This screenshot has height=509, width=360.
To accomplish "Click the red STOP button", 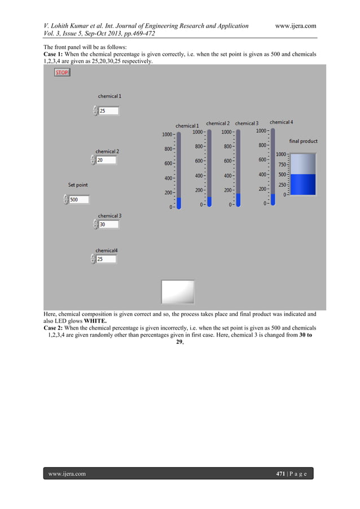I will coord(62,73).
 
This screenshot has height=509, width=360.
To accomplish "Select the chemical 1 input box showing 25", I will coord(108,111).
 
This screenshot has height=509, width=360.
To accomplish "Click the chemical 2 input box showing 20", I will coord(106,160).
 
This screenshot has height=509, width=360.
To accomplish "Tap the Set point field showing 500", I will coord(78,200).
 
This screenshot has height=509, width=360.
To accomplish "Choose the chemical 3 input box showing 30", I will coord(108,225).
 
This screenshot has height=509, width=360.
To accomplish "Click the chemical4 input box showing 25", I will coord(106,260).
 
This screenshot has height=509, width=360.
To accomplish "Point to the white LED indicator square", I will coord(178,292).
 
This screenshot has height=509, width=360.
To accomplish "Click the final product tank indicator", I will coord(302,174).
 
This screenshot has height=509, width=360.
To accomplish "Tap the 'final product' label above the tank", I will coord(303,141).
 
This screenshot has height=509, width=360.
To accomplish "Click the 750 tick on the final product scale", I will coord(282,165).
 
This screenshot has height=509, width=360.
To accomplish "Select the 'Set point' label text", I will coord(78,185).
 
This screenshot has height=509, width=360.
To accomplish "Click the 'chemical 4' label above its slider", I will coord(281,122).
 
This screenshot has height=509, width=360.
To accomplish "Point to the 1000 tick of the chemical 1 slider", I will coord(168,134).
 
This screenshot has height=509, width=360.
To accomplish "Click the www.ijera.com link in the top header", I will coord(295,26).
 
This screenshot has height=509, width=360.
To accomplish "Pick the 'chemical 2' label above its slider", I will coord(217,123).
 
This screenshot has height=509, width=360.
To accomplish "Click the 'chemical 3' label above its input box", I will coord(109,216).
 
